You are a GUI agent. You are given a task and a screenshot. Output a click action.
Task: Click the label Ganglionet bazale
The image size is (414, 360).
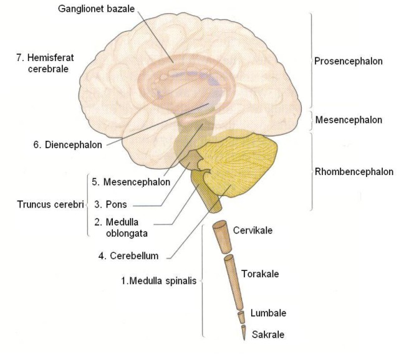click(x=96, y=9)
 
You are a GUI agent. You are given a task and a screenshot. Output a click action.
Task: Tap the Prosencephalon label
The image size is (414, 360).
click(x=349, y=61)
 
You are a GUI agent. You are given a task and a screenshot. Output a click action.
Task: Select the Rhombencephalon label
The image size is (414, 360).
click(x=354, y=172)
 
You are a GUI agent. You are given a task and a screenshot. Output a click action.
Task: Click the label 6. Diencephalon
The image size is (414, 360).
click(x=67, y=144)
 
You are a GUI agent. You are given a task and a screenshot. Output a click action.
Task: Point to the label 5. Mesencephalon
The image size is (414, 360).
click(x=131, y=182)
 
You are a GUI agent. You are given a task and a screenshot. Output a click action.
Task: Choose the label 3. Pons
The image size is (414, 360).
click(x=110, y=204)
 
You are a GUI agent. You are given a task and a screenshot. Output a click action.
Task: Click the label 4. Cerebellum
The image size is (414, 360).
click(x=128, y=256)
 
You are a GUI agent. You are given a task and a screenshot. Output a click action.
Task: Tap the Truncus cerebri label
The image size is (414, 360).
click(x=51, y=204)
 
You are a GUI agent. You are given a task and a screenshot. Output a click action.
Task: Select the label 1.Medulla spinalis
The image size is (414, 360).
click(x=159, y=281)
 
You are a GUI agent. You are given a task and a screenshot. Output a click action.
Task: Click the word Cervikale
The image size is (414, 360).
click(x=253, y=230)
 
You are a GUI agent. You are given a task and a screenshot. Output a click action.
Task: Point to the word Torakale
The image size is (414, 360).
click(x=260, y=274)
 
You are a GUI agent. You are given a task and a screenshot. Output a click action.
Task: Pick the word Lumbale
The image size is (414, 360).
click(x=268, y=313)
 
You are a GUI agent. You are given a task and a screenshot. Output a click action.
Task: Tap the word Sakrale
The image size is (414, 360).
click(x=268, y=334)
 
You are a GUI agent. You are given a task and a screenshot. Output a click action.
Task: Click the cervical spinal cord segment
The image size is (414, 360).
click(x=223, y=237)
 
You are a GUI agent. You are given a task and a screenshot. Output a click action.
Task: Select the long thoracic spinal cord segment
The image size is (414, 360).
click(x=233, y=282)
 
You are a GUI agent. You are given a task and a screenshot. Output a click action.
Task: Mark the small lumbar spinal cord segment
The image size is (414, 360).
click(x=241, y=317)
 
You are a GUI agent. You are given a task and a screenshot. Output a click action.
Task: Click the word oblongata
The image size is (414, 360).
click(x=127, y=234)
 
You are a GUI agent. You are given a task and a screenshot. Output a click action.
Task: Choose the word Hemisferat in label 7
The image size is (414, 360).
click(x=51, y=57)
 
